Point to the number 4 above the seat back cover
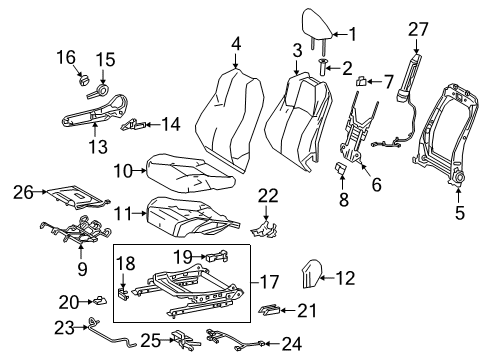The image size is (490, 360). pos(236,44)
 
